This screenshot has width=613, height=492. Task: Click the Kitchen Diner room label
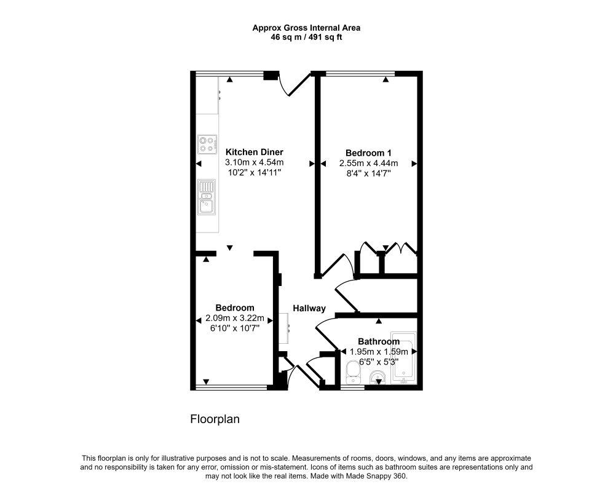pyautogui.click(x=254, y=152)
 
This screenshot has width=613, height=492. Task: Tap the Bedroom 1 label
pyautogui.click(x=368, y=153)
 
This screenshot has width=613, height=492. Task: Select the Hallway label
pyautogui.click(x=309, y=308)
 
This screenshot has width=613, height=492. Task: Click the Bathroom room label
pyautogui.click(x=379, y=341)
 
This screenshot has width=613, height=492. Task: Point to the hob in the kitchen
pyautogui.click(x=207, y=145)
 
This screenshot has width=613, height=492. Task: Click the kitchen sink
pyautogui.click(x=207, y=197)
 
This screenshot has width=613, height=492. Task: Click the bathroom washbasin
pyautogui.click(x=378, y=377)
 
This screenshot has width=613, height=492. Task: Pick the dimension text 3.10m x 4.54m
pyautogui.click(x=254, y=162)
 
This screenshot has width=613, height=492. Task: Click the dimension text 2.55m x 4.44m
pyautogui.click(x=368, y=163)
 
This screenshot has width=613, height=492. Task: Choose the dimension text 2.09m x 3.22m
pyautogui.click(x=235, y=318)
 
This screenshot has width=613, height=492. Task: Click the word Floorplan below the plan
pyautogui.click(x=215, y=419)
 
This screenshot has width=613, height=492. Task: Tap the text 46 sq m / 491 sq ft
pyautogui.click(x=306, y=38)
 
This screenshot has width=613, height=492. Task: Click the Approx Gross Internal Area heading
pyautogui.click(x=306, y=28)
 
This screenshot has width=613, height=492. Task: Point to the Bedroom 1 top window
pyautogui.click(x=360, y=73)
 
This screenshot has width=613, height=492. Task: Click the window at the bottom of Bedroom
pyautogui.click(x=231, y=387)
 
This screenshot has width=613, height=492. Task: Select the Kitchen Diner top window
pyautogui.click(x=229, y=73)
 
